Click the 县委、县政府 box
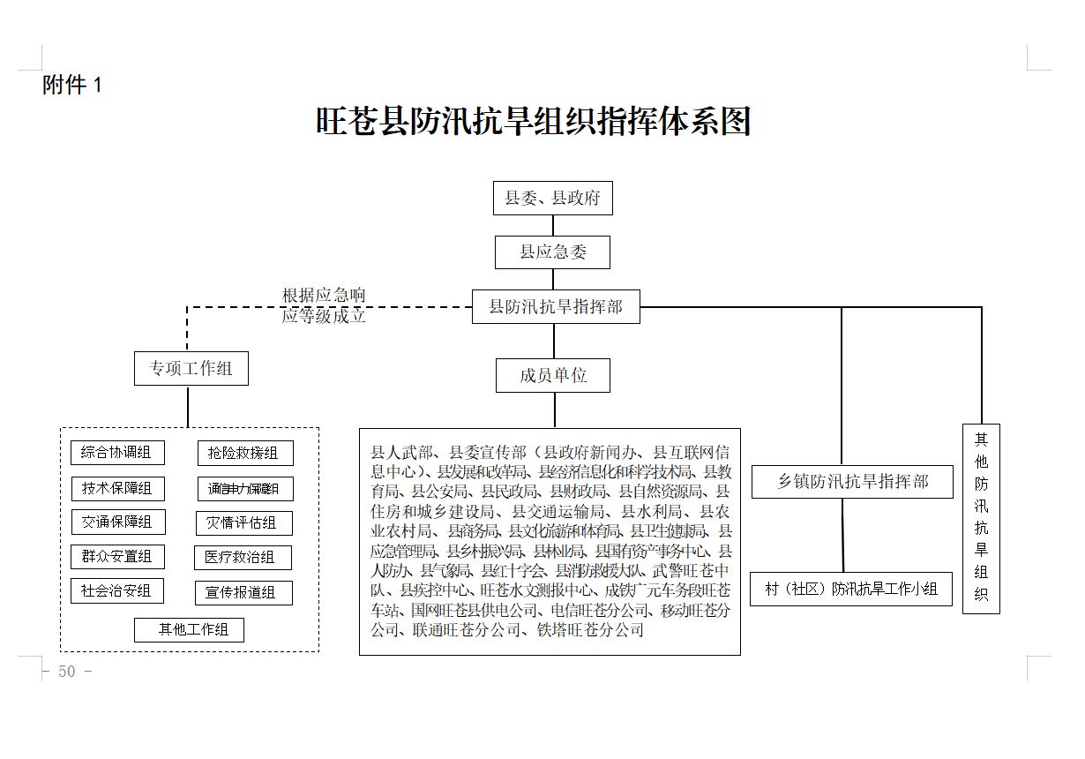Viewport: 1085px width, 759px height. click(552, 199)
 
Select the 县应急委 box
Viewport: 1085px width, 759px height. click(552, 252)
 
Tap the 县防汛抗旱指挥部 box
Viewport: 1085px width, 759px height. click(556, 307)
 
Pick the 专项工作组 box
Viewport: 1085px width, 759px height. click(191, 369)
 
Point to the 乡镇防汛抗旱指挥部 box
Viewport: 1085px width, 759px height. click(852, 482)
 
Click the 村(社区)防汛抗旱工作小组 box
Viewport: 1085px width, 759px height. click(851, 589)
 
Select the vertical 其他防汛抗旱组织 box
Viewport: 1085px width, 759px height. click(981, 518)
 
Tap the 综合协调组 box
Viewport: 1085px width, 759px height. click(116, 453)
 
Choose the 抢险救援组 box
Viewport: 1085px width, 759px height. click(244, 454)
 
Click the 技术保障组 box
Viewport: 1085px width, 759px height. click(117, 488)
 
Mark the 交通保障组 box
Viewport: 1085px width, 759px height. click(117, 522)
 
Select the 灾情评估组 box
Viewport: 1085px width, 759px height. click(243, 523)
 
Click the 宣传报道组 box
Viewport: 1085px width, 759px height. click(243, 592)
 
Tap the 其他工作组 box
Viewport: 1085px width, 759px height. click(189, 629)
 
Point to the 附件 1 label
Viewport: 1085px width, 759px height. click(72, 86)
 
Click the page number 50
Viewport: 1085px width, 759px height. click(67, 672)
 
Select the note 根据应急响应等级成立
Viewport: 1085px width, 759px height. click(324, 305)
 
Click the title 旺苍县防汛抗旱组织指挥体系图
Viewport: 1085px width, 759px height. click(534, 122)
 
